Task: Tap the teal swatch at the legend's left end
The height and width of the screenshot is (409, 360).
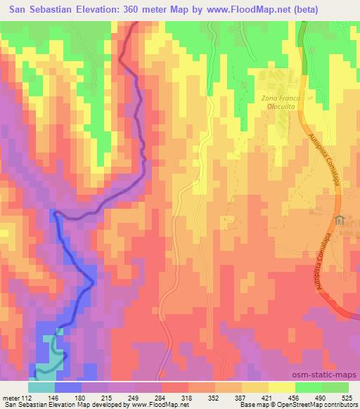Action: [x=41, y=387]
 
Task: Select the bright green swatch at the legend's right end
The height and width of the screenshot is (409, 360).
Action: [x=336, y=387]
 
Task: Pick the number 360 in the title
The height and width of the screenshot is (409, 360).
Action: [x=132, y=10]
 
